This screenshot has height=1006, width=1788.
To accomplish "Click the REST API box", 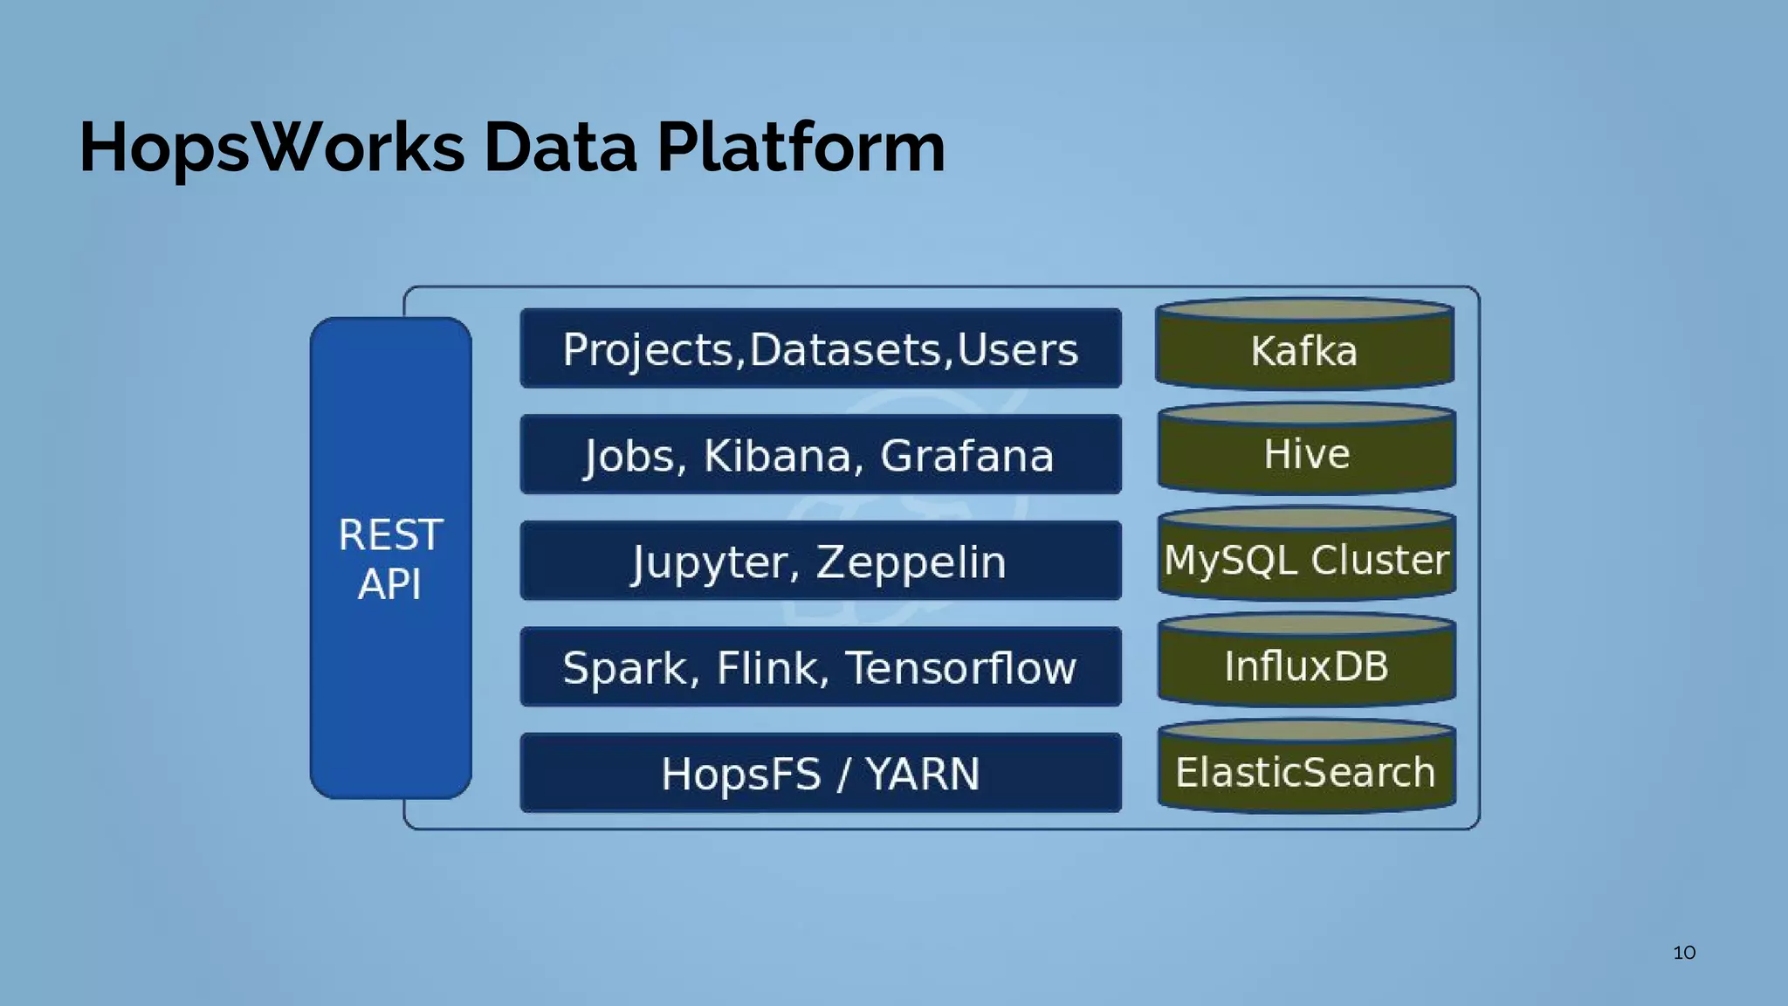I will click(x=390, y=558).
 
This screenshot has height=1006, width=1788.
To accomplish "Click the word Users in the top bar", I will click(x=1017, y=349).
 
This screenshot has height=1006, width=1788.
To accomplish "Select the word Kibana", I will click(x=778, y=456).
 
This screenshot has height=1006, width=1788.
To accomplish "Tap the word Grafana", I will click(x=966, y=456).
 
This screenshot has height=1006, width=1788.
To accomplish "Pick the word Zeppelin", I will click(x=911, y=562).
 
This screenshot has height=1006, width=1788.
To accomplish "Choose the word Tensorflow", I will click(x=960, y=668).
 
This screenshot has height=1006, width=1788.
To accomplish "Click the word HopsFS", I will click(x=740, y=774).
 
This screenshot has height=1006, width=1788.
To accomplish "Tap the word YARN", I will click(x=923, y=774).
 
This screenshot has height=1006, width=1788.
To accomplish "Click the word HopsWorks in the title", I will click(x=272, y=147).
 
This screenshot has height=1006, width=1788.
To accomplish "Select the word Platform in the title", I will click(x=801, y=147).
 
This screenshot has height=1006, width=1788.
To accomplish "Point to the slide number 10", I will click(x=1684, y=953).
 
